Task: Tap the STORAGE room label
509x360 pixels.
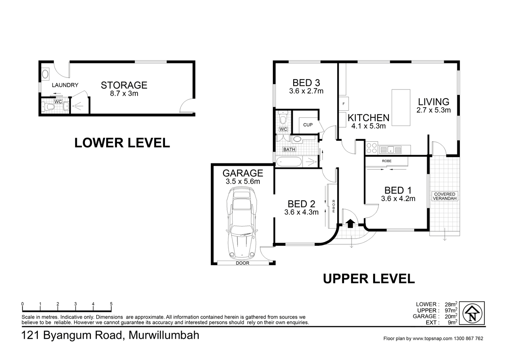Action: pyautogui.click(x=124, y=85)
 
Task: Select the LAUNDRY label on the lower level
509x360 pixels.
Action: pyautogui.click(x=65, y=85)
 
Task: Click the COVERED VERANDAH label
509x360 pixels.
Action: pyautogui.click(x=444, y=196)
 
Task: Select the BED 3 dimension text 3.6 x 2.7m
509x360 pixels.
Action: pyautogui.click(x=306, y=91)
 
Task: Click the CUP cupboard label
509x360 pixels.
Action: pyautogui.click(x=308, y=125)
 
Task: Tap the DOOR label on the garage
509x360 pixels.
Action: pyautogui.click(x=242, y=263)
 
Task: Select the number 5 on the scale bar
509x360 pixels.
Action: pyautogui.click(x=111, y=304)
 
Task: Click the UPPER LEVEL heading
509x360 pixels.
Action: pyautogui.click(x=369, y=279)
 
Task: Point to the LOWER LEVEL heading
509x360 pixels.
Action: pyautogui.click(x=122, y=143)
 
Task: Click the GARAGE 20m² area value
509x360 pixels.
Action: pyautogui.click(x=451, y=316)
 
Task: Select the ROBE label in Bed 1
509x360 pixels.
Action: pyautogui.click(x=386, y=161)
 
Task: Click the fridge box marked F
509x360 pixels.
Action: pyautogui.click(x=344, y=103)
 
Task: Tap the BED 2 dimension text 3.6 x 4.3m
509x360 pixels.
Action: pyautogui.click(x=301, y=212)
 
